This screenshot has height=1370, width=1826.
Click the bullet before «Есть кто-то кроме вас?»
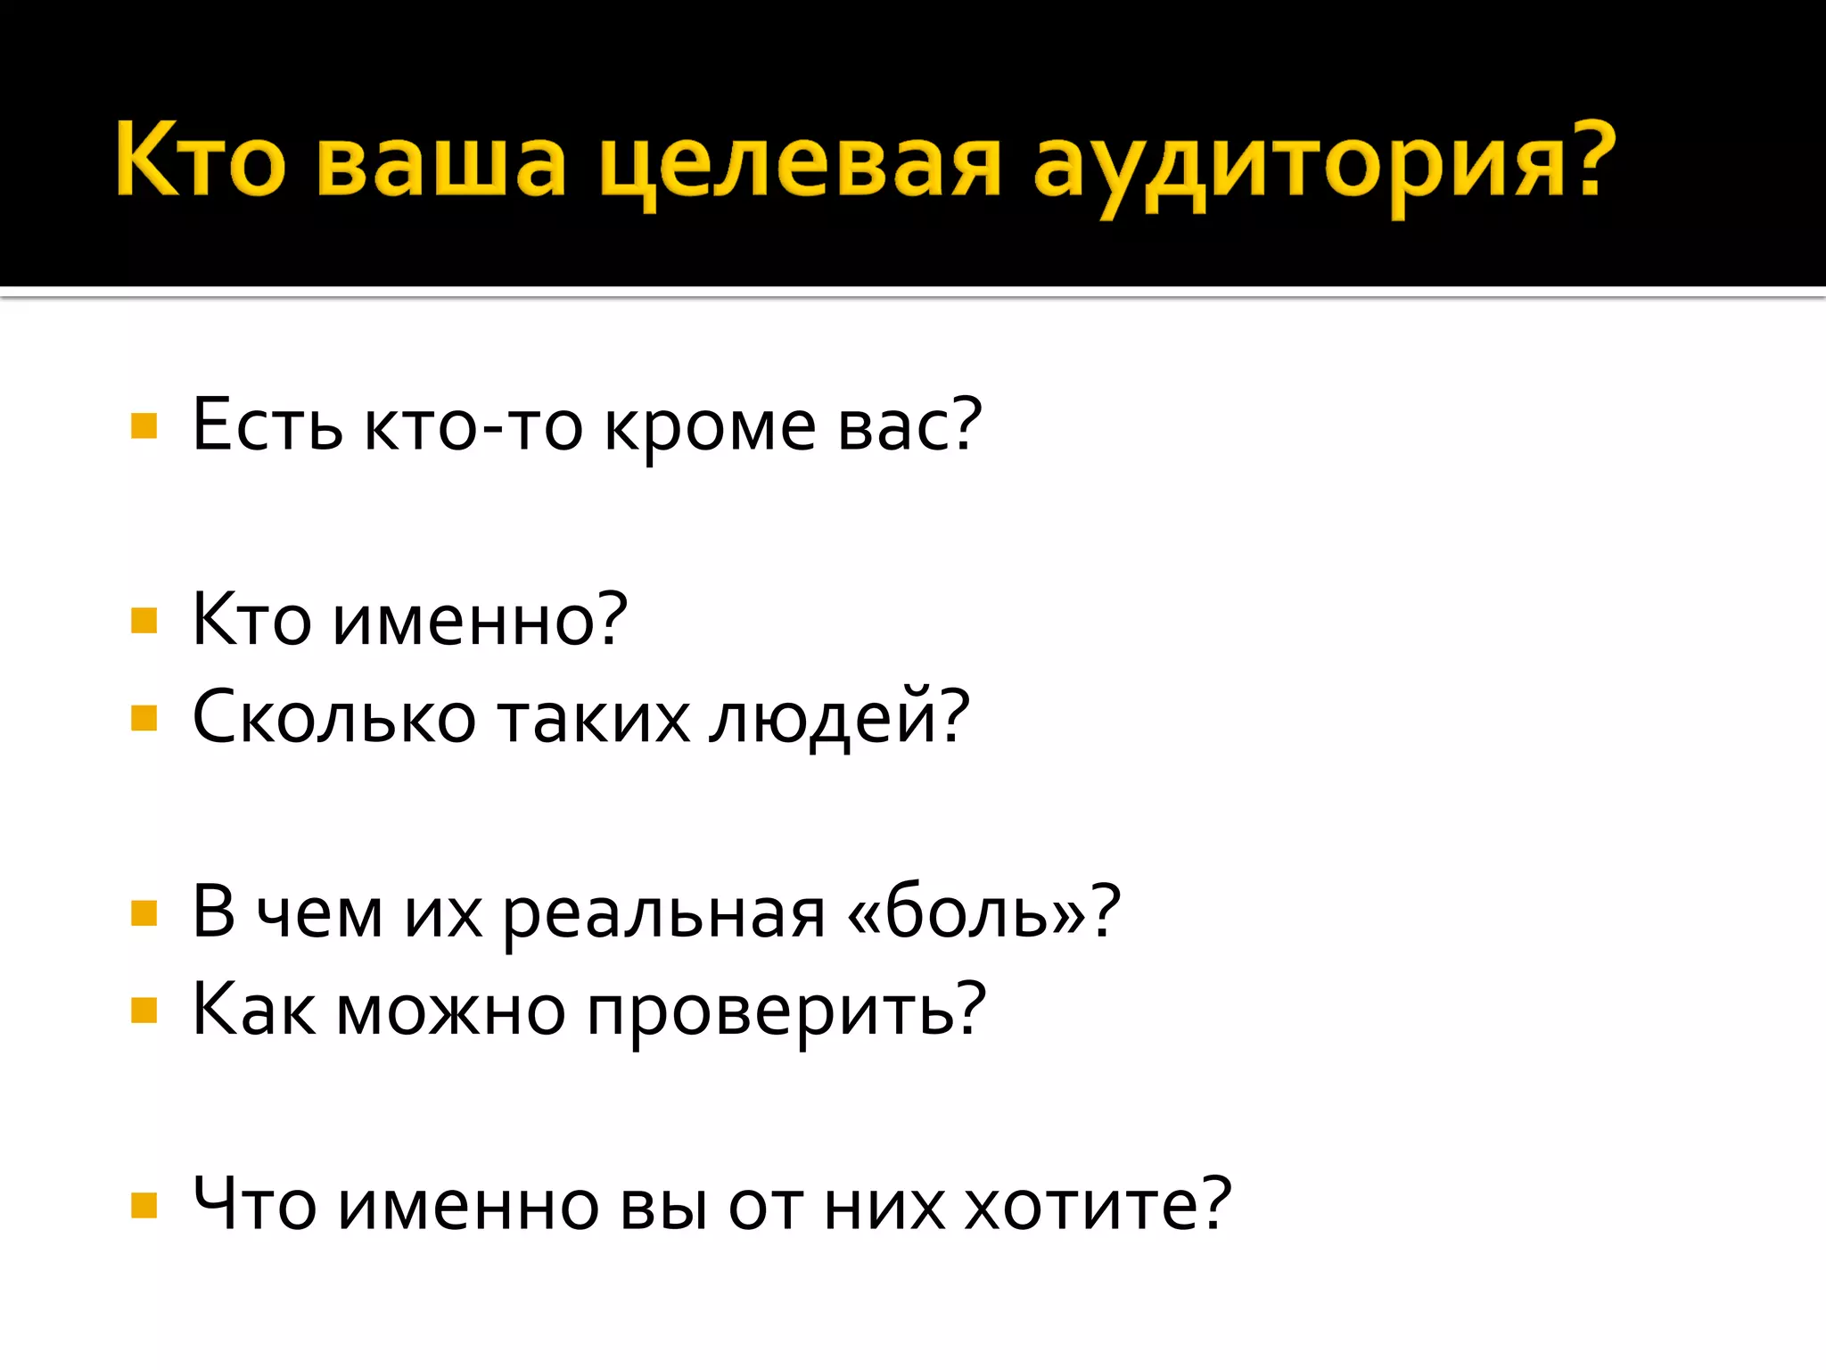(x=144, y=425)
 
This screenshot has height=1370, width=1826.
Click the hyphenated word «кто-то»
(x=473, y=426)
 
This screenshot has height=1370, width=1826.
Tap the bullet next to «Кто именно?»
(x=144, y=620)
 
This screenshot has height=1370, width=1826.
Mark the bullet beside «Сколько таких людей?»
(x=144, y=717)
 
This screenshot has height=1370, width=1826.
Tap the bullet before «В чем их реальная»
(x=144, y=912)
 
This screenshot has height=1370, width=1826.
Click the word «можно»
(x=451, y=1011)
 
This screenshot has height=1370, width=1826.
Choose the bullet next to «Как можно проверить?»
(x=144, y=1011)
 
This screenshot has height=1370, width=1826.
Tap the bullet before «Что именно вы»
(x=144, y=1205)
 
